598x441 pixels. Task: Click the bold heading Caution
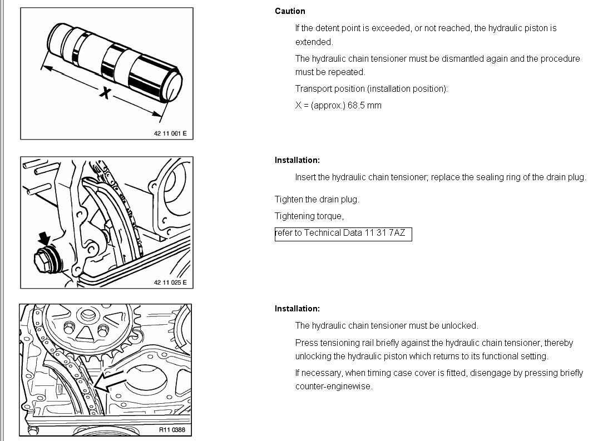point(290,11)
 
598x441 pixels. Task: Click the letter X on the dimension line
point(104,93)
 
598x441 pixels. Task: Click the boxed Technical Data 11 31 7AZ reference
point(343,233)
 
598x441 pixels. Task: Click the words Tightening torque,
point(309,216)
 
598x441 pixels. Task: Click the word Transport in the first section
point(313,88)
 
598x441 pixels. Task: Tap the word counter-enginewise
point(333,387)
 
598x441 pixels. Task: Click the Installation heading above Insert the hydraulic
point(297,160)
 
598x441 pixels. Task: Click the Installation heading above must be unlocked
point(297,309)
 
